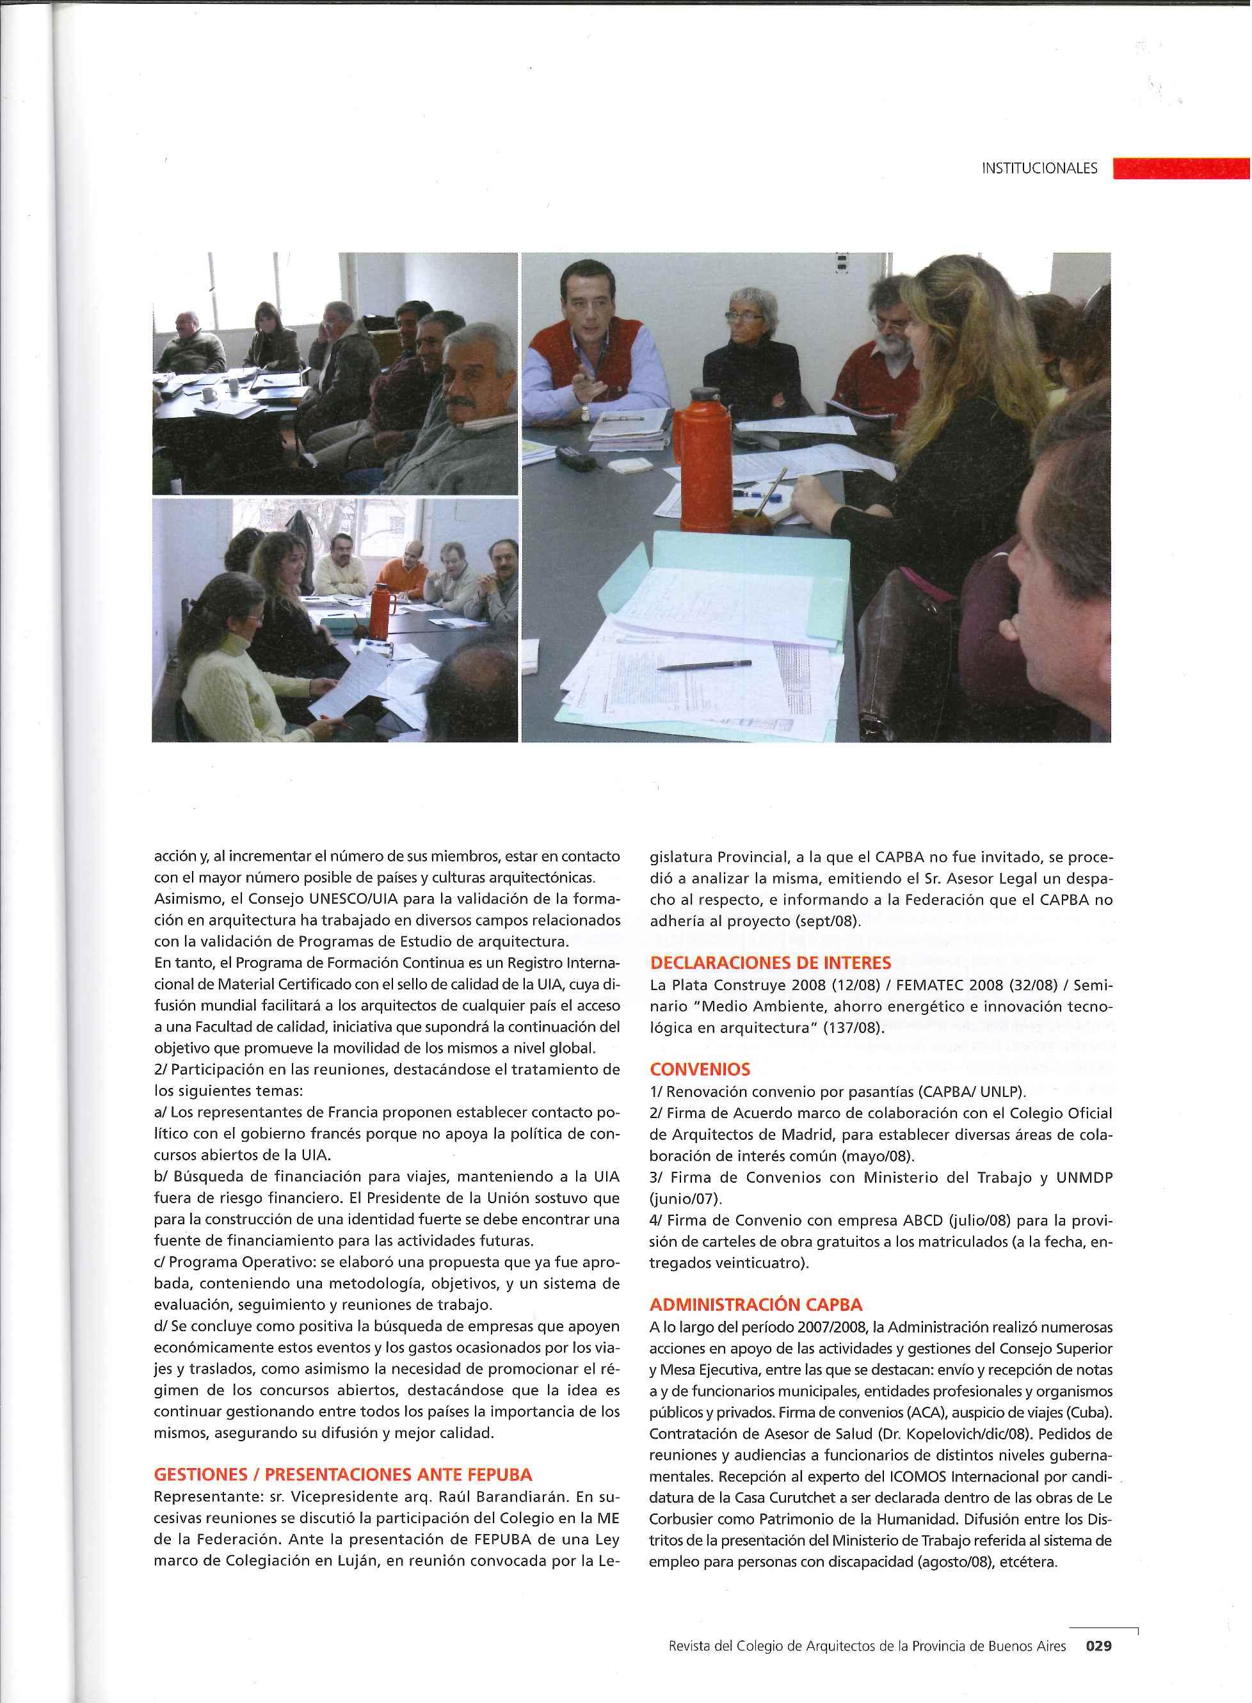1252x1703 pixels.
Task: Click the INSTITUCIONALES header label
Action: [x=1039, y=169]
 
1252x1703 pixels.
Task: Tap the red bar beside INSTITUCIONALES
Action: [x=1181, y=168]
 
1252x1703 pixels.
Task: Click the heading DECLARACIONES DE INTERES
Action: [x=770, y=963]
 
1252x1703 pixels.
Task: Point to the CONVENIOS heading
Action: [x=700, y=1069]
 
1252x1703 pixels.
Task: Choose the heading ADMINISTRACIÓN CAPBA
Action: [x=755, y=1304]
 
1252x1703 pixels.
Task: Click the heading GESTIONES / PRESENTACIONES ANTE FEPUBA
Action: [x=342, y=1475]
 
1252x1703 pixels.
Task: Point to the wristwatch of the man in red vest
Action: [x=584, y=413]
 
